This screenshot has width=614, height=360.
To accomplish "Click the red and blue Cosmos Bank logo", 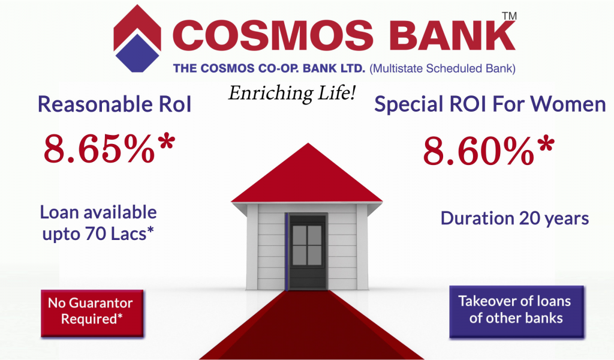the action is [x=137, y=38].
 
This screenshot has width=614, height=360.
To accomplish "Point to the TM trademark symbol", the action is [x=510, y=16].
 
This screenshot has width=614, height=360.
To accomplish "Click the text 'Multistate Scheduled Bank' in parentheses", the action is [x=443, y=68].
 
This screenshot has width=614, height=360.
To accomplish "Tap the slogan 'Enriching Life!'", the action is [x=292, y=94].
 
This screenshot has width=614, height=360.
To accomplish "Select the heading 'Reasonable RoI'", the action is [x=115, y=104].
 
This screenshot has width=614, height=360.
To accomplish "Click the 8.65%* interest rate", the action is [x=109, y=148].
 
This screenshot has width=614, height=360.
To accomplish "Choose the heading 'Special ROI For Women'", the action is [x=490, y=104].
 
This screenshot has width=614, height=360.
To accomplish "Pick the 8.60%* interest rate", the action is [x=489, y=150].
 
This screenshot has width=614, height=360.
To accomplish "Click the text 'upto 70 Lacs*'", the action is [x=98, y=234].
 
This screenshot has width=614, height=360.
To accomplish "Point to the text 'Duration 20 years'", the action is [x=514, y=218].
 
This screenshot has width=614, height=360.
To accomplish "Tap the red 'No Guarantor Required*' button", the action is [x=92, y=313].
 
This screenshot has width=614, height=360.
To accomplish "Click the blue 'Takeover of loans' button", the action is [x=516, y=311].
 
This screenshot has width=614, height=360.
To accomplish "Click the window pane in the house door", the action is [x=307, y=245].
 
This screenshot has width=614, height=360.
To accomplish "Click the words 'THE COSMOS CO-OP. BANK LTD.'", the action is [x=269, y=68].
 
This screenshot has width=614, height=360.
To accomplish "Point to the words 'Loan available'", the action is [x=98, y=212].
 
